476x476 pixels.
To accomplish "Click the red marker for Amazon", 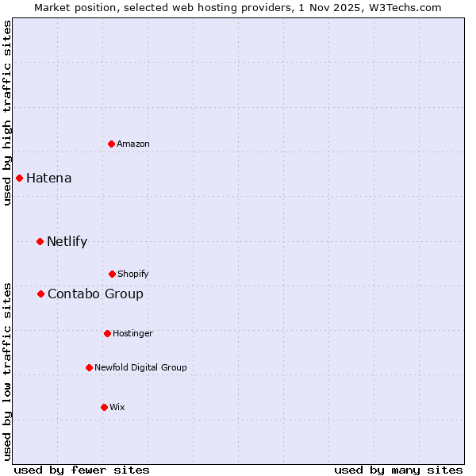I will [x=111, y=144].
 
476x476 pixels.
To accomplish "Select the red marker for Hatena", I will [x=19, y=178].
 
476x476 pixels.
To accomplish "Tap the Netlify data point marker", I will [x=40, y=241].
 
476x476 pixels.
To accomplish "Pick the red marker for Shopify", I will [x=112, y=274].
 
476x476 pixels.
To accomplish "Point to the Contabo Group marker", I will [x=40, y=294].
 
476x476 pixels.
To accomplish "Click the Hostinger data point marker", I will [x=107, y=333].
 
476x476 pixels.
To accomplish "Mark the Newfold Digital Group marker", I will [x=89, y=367].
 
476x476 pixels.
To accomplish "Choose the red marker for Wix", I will [x=104, y=407].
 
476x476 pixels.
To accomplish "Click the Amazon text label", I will [x=133, y=144].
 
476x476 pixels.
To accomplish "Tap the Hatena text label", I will [x=49, y=178].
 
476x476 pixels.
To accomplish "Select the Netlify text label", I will [x=67, y=241].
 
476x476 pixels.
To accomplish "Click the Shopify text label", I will [x=133, y=274].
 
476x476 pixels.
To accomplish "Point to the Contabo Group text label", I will [x=96, y=294].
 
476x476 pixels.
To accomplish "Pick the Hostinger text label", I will [x=133, y=333].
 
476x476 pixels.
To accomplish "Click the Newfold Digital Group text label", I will [x=141, y=367].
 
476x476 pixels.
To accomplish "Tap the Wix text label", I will [x=117, y=407].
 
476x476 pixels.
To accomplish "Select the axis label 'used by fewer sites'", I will [x=82, y=470].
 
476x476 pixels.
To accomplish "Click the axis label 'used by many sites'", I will [x=398, y=470].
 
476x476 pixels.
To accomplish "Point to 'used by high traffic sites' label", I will [x=7, y=113].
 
